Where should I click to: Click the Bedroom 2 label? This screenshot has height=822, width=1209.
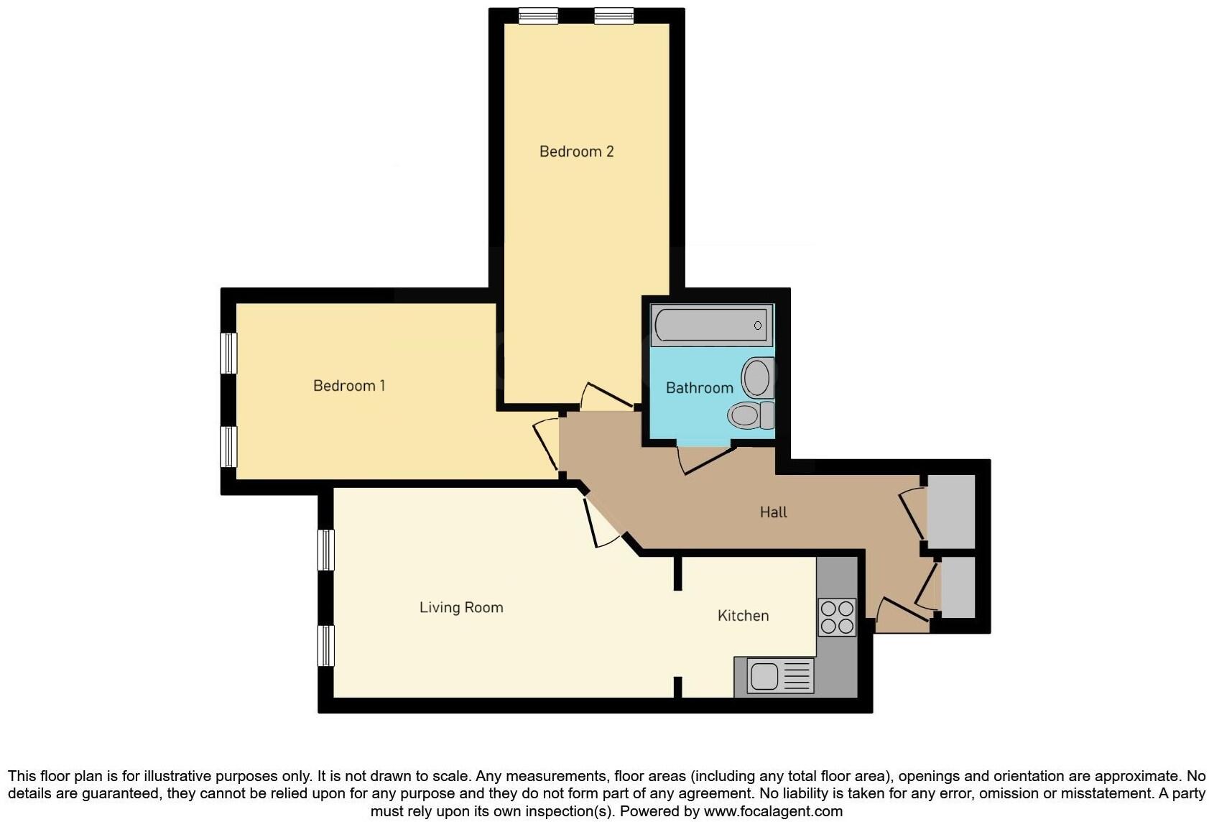click(576, 151)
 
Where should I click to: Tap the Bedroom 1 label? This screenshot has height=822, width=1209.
click(349, 386)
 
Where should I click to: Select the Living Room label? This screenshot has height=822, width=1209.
click(461, 607)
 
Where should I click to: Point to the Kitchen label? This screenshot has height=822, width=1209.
click(743, 616)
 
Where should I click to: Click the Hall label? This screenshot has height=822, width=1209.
click(773, 512)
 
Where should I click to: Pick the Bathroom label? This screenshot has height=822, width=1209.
click(699, 388)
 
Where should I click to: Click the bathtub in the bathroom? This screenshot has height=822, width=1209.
click(711, 325)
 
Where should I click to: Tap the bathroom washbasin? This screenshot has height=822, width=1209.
click(756, 377)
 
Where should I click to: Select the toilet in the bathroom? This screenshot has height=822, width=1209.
click(750, 415)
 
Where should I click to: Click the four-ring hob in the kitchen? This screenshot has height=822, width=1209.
click(837, 617)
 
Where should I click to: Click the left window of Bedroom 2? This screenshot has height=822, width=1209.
click(539, 16)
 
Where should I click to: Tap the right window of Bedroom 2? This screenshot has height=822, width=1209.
click(614, 16)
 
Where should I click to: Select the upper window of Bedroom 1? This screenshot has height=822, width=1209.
click(228, 353)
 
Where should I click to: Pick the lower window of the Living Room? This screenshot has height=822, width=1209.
click(326, 645)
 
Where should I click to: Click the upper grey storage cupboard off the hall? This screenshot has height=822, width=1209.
click(951, 511)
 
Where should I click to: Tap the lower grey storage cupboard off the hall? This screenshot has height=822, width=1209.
click(958, 586)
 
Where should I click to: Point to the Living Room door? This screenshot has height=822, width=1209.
click(601, 522)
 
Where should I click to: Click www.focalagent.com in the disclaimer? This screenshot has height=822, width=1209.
click(772, 811)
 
